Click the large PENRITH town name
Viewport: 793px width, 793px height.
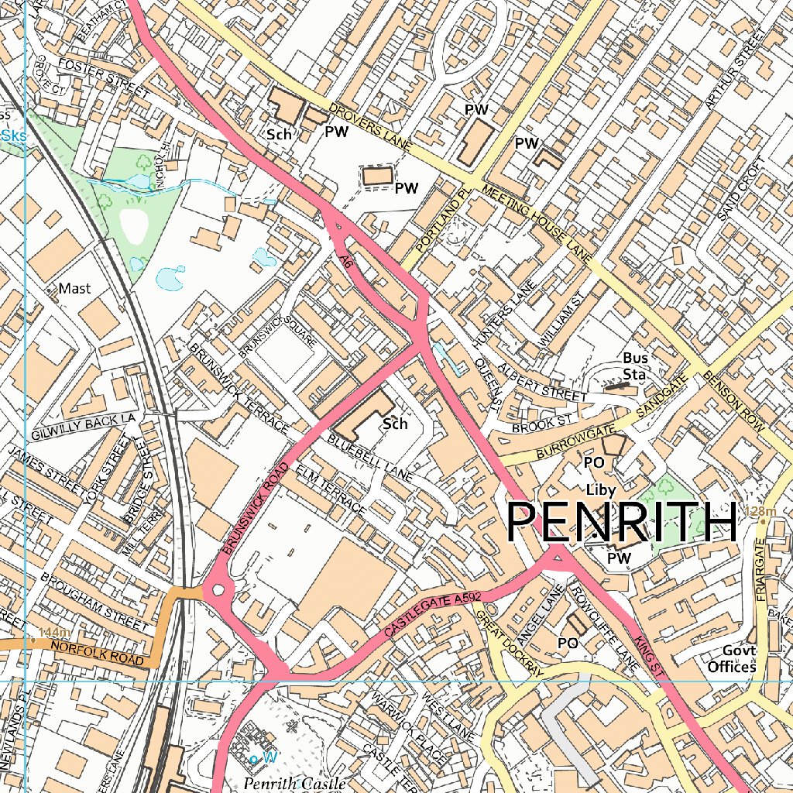pyautogui.click(x=621, y=522)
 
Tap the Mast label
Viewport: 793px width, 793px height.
pyautogui.click(x=74, y=289)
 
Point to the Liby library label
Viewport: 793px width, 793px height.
pyautogui.click(x=600, y=490)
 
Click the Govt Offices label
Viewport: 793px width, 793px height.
pyautogui.click(x=731, y=659)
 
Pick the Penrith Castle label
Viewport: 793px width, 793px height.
pyautogui.click(x=294, y=784)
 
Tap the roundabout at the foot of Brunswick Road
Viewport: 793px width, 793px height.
pyautogui.click(x=218, y=591)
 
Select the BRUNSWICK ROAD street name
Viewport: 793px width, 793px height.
pyautogui.click(x=254, y=508)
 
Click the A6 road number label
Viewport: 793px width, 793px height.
pyautogui.click(x=346, y=263)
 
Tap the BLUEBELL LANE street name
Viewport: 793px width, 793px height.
pyautogui.click(x=370, y=458)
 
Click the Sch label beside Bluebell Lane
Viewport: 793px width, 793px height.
pyautogui.click(x=395, y=424)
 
